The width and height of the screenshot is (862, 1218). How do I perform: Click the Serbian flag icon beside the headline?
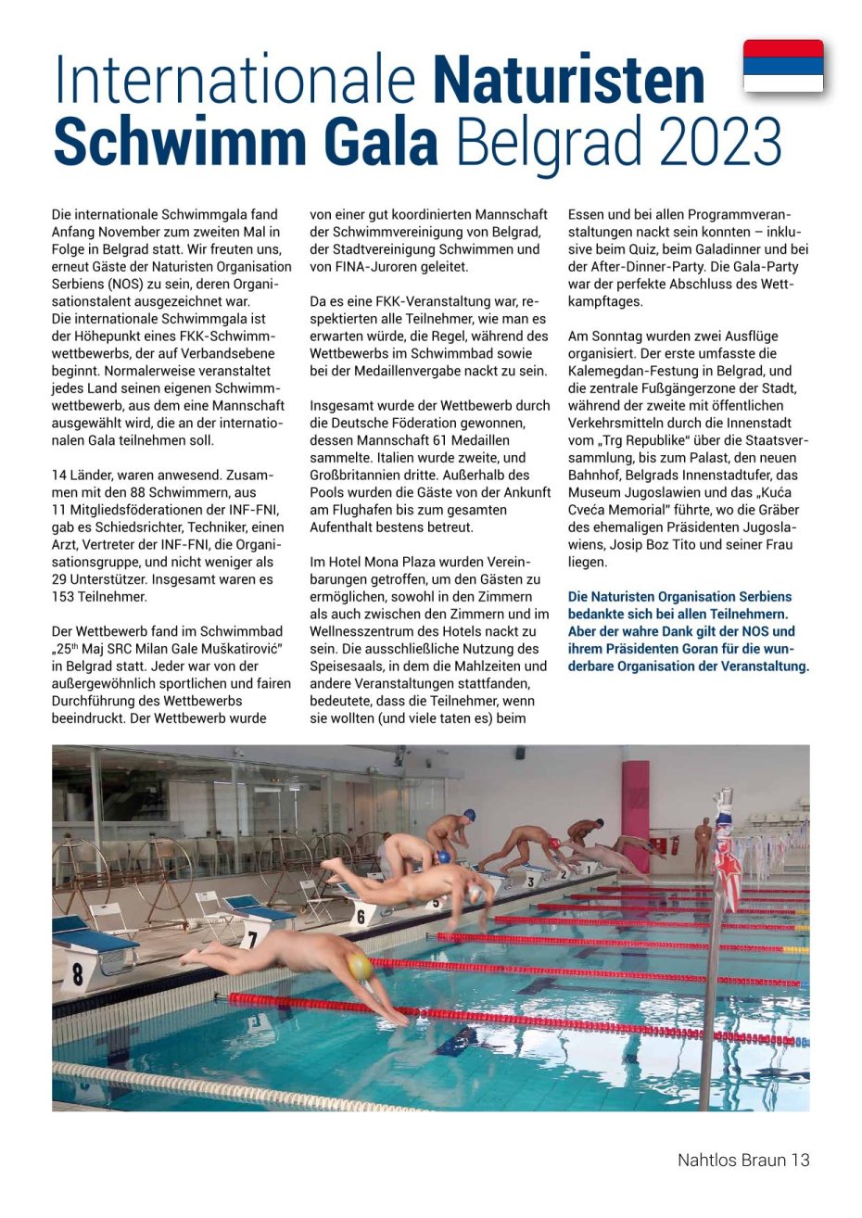(x=783, y=66)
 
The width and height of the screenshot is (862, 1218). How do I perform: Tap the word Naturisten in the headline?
(x=569, y=80)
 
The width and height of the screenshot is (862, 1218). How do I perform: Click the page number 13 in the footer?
(x=800, y=1160)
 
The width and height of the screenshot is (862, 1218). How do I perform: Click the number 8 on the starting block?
(x=78, y=973)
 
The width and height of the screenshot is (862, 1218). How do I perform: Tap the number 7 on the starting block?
(x=250, y=937)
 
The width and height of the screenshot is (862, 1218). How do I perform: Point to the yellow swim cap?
(x=360, y=967)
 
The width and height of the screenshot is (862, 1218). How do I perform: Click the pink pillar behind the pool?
(x=636, y=816)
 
